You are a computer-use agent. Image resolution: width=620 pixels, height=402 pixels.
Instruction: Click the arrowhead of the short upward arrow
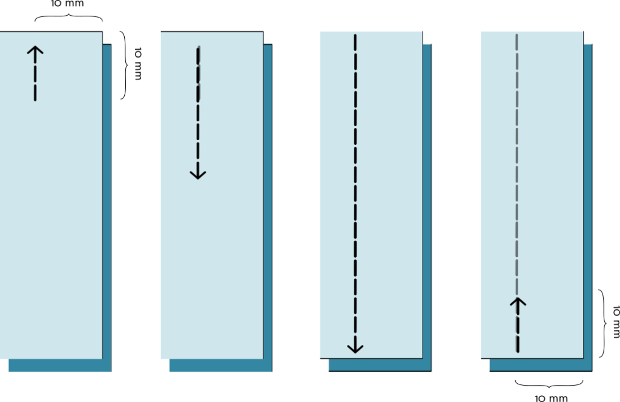pos(35,50)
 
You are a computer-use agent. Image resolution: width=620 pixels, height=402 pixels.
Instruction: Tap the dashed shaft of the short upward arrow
pos(35,79)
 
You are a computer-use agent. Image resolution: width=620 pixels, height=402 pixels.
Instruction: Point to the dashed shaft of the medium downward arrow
pos(198,109)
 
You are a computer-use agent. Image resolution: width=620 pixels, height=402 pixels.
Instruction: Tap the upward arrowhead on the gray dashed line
pos(517,302)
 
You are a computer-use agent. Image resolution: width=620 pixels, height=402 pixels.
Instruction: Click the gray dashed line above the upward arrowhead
pos(516,170)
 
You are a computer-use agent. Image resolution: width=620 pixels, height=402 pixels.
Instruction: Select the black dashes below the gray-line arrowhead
pos(517,333)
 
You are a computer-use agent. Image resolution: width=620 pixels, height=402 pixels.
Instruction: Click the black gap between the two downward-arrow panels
pos(295,200)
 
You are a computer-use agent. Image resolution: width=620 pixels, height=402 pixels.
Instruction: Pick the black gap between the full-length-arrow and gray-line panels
pos(456,200)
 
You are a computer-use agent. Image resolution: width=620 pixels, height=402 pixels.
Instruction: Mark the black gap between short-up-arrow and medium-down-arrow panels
pos(135,200)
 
